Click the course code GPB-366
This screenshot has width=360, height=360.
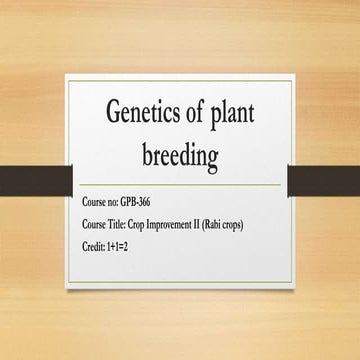click(x=140, y=203)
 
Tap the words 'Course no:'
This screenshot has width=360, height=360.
click(x=102, y=203)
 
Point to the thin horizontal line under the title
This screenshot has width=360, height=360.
click(x=179, y=186)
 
